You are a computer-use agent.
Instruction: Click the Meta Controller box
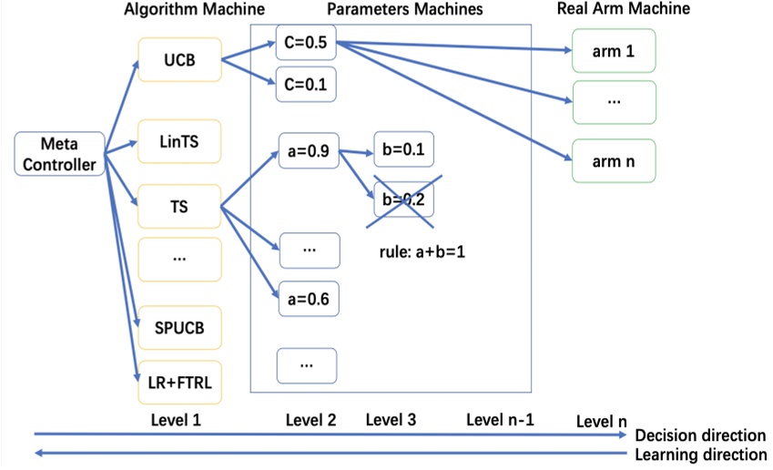59,154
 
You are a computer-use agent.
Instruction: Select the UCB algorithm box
178,60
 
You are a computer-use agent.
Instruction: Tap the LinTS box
178,141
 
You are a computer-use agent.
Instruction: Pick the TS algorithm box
178,207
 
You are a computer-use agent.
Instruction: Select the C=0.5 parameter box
306,42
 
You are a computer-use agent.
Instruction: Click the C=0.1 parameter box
306,85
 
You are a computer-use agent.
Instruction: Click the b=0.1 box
402,150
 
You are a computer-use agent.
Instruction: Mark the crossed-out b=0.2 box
402,199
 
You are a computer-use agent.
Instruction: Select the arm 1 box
613,52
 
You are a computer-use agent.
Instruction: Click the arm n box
613,161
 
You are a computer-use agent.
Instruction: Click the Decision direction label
700,435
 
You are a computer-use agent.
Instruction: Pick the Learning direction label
700,455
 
